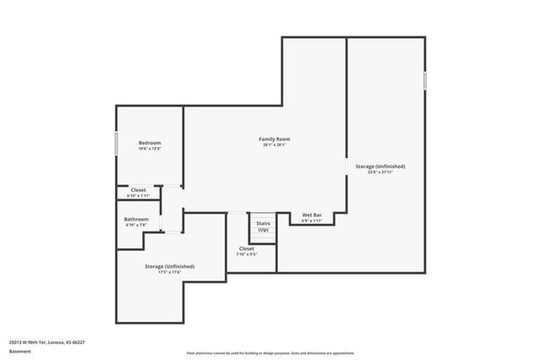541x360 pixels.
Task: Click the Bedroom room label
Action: pos(150,143)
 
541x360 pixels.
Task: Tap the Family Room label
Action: pos(275,139)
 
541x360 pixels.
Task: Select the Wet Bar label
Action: pos(312,215)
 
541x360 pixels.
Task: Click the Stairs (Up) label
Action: pos(263,226)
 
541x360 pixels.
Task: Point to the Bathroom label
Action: pos(137,220)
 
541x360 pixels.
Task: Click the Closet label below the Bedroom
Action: pos(137,190)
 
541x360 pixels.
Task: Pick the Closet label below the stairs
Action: pos(246,248)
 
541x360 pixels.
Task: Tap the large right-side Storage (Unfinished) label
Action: pos(380,166)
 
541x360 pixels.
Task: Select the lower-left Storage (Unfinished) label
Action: pos(169,266)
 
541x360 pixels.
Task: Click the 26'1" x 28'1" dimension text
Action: pos(275,145)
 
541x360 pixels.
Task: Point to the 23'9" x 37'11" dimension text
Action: pos(380,172)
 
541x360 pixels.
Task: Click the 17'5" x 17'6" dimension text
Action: pos(169,272)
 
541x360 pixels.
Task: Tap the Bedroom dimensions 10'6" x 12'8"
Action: pos(150,149)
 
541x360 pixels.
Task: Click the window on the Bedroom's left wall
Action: pos(116,143)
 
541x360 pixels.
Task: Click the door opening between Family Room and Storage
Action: pos(347,166)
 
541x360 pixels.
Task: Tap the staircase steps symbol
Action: pos(262,221)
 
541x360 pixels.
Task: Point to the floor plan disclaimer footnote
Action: pos(270,353)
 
